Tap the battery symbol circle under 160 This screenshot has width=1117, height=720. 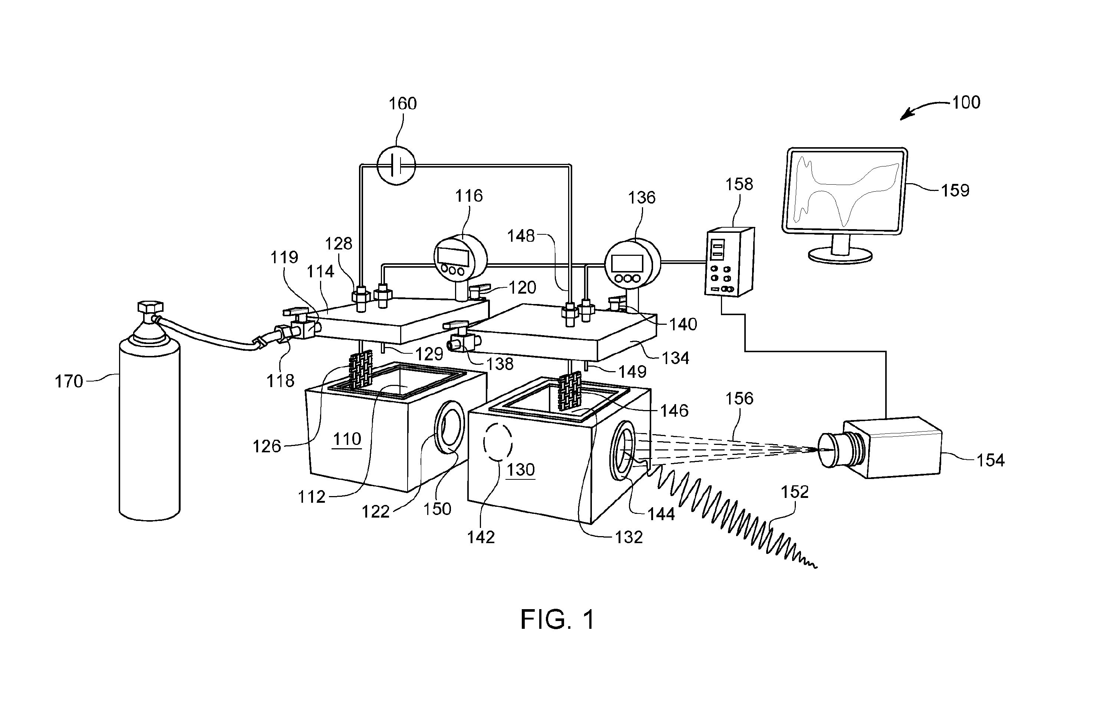pos(396,165)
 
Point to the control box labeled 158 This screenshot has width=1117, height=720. pos(729,262)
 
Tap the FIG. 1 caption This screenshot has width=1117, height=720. pos(557,620)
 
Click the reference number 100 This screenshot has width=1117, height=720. pos(966,102)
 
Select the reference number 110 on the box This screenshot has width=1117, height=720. pos(347,439)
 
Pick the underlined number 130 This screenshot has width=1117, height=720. pos(520,469)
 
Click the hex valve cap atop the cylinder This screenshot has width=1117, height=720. pos(150,307)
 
